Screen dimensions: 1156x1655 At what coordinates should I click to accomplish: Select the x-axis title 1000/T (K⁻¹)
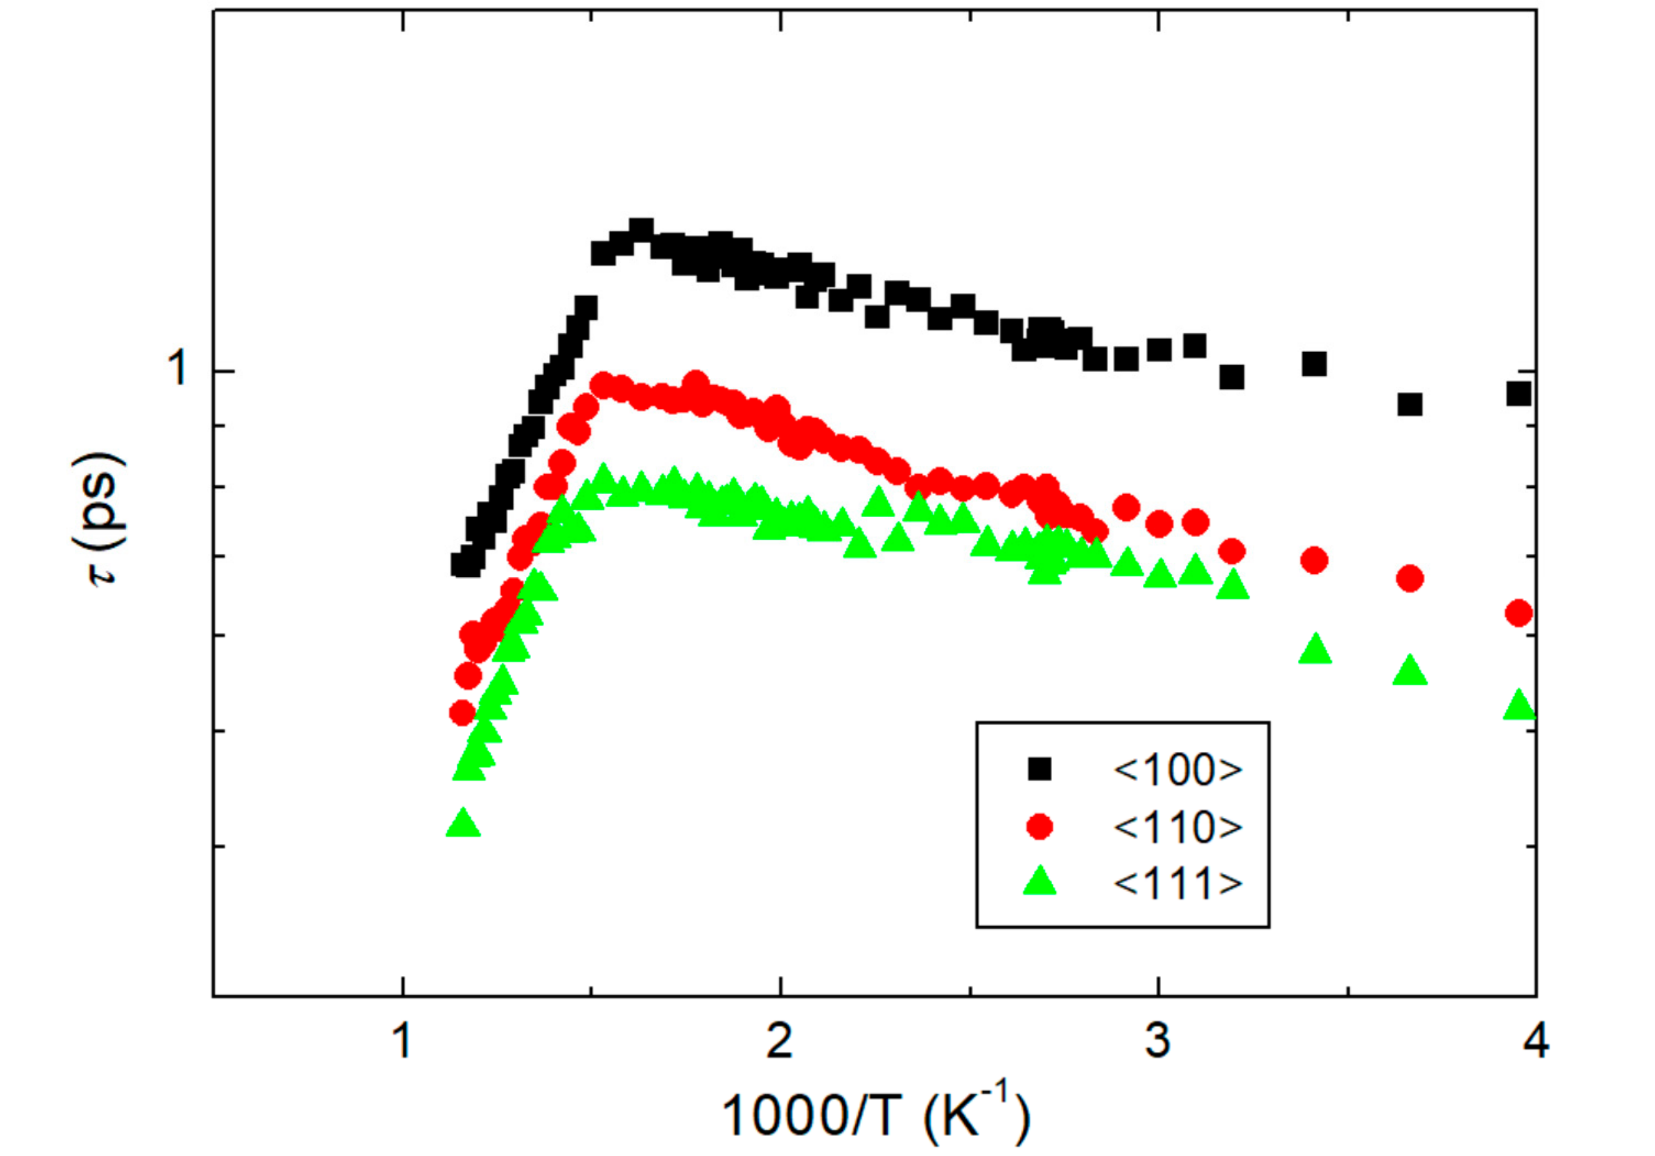tap(876, 1116)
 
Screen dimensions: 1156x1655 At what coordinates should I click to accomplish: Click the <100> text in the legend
tap(1177, 770)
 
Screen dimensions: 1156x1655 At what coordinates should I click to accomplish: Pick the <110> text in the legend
tap(1177, 827)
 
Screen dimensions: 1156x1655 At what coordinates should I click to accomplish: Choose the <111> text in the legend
tap(1177, 883)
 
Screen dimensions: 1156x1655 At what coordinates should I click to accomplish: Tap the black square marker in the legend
tap(1040, 769)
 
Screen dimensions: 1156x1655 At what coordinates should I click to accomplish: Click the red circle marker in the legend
tap(1040, 826)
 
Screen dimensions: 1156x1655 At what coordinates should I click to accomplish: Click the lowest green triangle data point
tap(463, 823)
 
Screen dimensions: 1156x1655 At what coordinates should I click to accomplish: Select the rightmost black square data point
tap(1518, 394)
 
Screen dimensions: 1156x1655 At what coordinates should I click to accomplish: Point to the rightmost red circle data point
tap(1518, 614)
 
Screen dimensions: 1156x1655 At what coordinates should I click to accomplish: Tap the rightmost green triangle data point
tap(1518, 706)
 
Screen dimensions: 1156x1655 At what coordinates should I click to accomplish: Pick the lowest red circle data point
tap(462, 712)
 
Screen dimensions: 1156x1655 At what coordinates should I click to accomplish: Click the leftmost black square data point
tap(462, 564)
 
